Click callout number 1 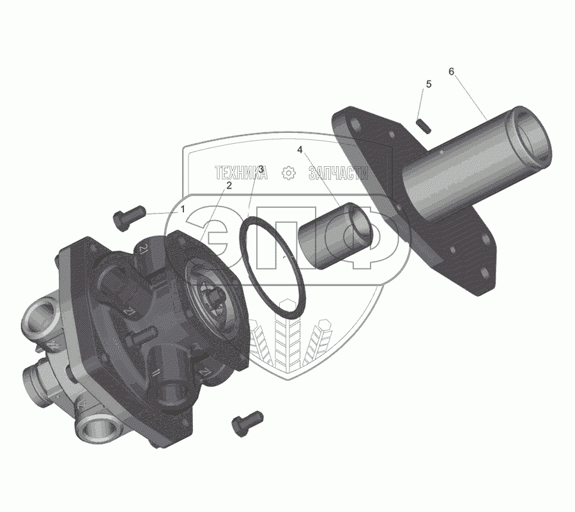pyautogui.click(x=182, y=210)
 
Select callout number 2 pyautogui.click(x=229, y=185)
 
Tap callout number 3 pyautogui.click(x=261, y=169)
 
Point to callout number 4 pyautogui.click(x=300, y=150)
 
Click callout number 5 pyautogui.click(x=429, y=84)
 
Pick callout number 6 pyautogui.click(x=451, y=72)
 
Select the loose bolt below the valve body pyautogui.click(x=247, y=424)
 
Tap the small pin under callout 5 pyautogui.click(x=424, y=126)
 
